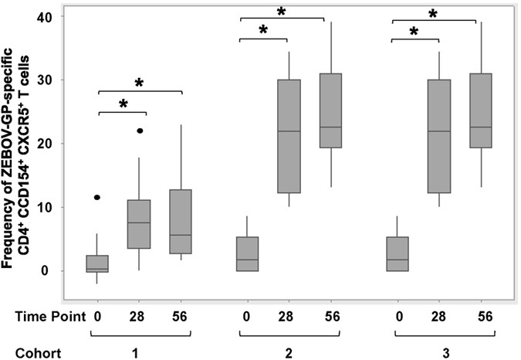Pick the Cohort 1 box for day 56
click(x=181, y=222)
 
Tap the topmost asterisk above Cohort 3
click(x=433, y=14)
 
